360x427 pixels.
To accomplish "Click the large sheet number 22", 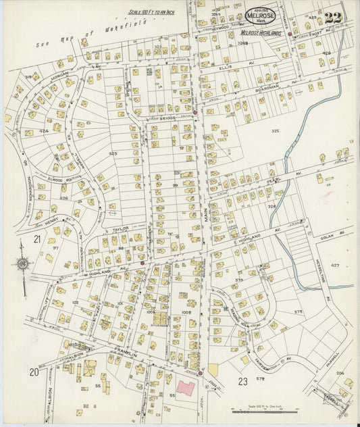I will point(332,18).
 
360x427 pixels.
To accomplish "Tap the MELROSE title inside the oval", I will point(261,15).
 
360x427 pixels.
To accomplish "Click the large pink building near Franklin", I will point(186,389).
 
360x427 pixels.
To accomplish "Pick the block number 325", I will point(275,130).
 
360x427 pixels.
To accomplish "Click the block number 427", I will point(335,266).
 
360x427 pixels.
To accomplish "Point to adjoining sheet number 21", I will point(37,239).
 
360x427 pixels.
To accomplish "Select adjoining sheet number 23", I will point(243,381).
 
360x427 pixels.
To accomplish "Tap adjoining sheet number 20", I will point(33,372).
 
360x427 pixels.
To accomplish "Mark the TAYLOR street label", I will point(120,228).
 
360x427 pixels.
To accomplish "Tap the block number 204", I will point(340,372).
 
